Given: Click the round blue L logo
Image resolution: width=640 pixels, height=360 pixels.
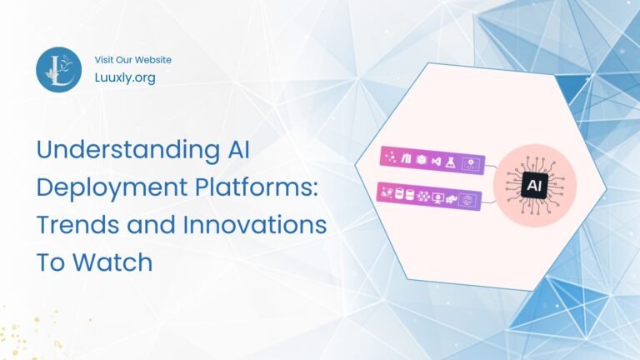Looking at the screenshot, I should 58,69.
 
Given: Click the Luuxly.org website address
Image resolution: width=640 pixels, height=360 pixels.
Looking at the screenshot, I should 125,77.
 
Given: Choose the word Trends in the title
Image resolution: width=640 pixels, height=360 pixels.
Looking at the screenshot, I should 80,226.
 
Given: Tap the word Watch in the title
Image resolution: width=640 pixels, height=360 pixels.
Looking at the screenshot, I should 113,262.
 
